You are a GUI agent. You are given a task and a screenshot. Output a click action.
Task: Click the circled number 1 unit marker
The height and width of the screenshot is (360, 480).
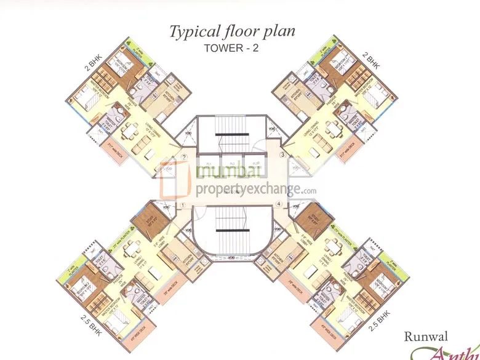(183, 206)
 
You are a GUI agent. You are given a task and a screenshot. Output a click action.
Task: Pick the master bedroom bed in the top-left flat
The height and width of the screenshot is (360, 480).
(87, 99)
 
